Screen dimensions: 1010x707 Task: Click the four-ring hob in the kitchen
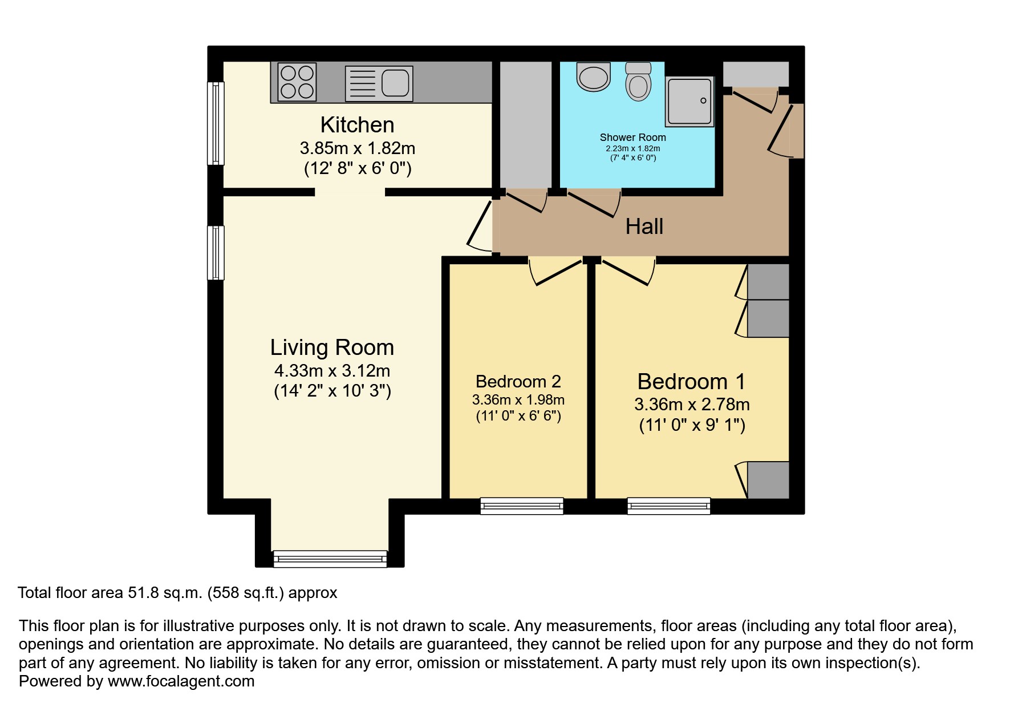pos(297,82)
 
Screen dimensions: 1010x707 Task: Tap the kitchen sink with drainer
pos(379,83)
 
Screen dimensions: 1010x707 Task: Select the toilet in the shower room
pos(638,82)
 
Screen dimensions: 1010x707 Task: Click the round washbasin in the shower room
pos(593,77)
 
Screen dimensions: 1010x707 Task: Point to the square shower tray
pos(689,101)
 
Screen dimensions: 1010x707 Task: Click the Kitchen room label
pos(358,124)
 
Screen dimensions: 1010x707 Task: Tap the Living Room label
pos(332,347)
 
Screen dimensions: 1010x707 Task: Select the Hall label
pos(644,227)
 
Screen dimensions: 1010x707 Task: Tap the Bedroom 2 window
pos(522,506)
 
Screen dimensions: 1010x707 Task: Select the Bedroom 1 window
pos(669,506)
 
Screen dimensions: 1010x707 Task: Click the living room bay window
pos(330,559)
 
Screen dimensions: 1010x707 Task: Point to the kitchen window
pos(216,123)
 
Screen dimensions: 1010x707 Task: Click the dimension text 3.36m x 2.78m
pos(692,405)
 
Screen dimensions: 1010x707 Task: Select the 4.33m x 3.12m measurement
pos(332,371)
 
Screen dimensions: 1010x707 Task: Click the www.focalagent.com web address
pos(181,681)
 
